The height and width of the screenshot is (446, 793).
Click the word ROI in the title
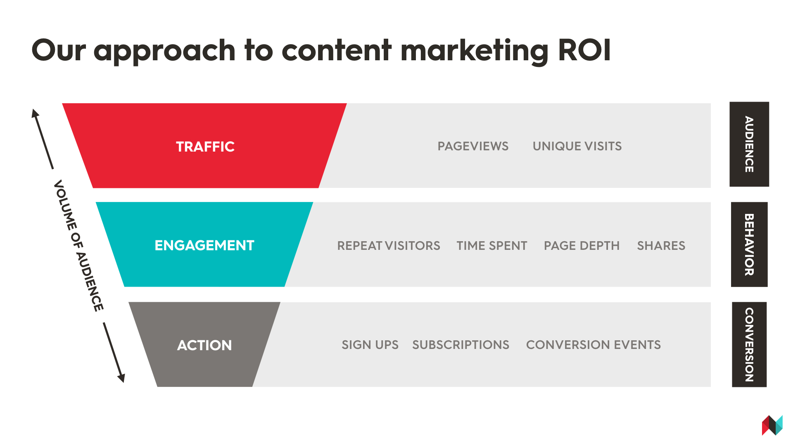584,50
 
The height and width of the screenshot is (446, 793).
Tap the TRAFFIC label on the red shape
205,147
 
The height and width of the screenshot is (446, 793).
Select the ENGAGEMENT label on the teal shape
204,245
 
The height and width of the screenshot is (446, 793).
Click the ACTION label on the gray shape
204,345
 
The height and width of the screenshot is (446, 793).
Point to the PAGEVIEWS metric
473,146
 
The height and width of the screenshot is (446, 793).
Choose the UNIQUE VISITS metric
577,146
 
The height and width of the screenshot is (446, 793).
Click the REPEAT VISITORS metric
389,246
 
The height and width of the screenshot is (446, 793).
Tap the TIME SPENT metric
492,246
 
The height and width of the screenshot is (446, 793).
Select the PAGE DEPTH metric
582,246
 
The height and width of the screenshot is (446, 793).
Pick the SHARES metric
661,246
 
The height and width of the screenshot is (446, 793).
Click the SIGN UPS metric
370,345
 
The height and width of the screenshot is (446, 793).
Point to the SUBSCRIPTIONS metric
461,345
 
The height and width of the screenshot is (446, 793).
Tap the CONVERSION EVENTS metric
594,345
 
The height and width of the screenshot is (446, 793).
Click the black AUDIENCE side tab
749,144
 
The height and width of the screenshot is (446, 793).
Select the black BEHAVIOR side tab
749,244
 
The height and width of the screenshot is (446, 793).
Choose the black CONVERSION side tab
749,344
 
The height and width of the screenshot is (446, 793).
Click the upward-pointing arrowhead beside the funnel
36,113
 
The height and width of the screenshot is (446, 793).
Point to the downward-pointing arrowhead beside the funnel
121,378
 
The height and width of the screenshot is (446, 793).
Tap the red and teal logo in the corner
772,425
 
